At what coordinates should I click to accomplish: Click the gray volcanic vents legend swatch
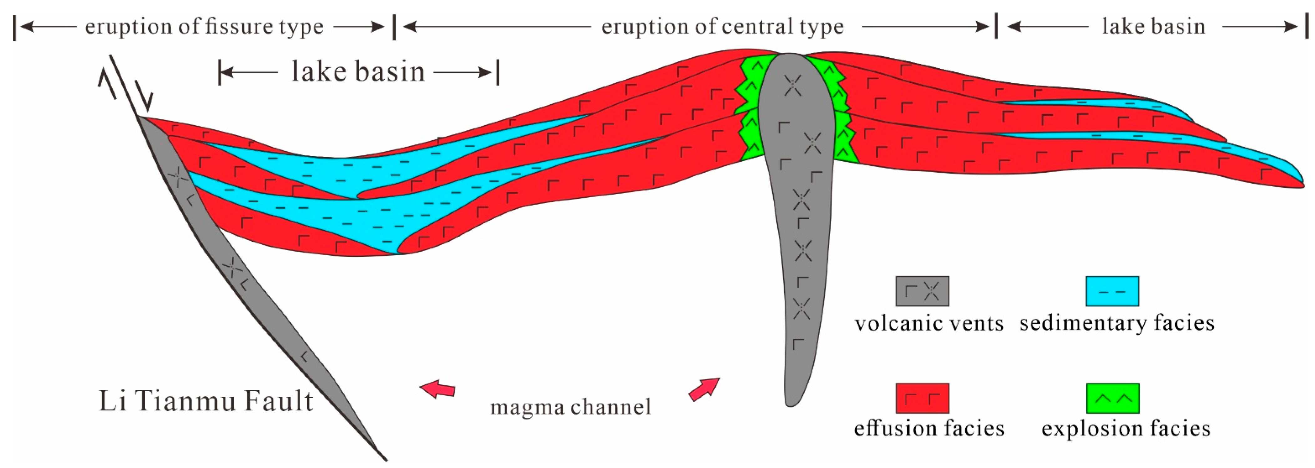(922, 291)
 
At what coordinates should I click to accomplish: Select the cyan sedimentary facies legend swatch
(1112, 291)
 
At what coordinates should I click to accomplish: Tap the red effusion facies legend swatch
(922, 398)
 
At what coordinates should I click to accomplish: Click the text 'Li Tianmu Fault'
(206, 401)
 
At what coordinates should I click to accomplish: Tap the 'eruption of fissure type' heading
(204, 27)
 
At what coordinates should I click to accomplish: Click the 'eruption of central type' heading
(722, 27)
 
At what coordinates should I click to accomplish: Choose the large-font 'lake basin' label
(358, 72)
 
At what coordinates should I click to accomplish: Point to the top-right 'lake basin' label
(1154, 27)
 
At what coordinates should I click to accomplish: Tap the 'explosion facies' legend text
(1125, 429)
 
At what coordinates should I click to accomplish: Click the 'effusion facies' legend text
(929, 429)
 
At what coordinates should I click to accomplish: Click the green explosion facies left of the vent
(749, 107)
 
